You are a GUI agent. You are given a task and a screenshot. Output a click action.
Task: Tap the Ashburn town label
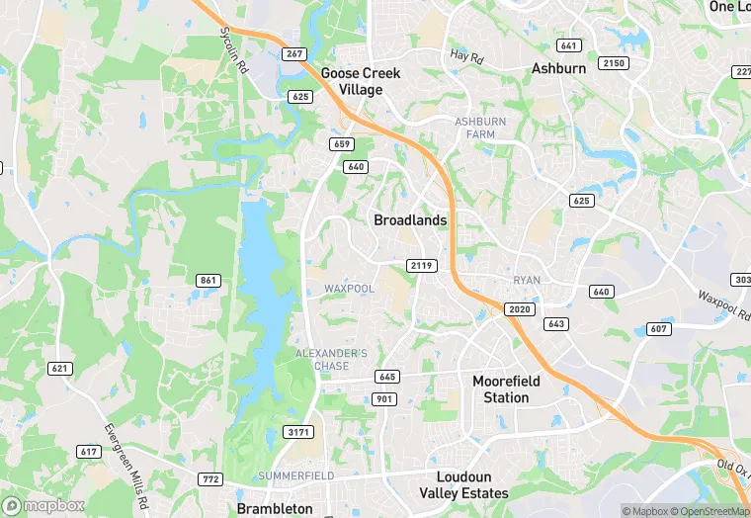(x=558, y=68)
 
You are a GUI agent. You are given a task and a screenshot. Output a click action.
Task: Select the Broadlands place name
(x=410, y=220)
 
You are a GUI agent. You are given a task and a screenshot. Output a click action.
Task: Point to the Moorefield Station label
(x=514, y=389)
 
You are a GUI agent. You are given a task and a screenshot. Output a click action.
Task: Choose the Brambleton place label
(x=275, y=508)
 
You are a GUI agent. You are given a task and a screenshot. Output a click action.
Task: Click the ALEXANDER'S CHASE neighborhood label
(x=331, y=360)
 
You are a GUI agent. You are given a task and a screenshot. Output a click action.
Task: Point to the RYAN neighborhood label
(x=527, y=281)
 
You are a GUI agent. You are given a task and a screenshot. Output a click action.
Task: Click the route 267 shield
(x=292, y=53)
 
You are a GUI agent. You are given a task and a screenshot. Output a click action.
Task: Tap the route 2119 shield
(x=421, y=266)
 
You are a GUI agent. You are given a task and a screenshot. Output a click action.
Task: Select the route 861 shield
(x=208, y=281)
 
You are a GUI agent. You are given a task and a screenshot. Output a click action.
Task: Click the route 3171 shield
(x=297, y=432)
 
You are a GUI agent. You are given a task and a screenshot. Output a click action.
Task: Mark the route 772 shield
(x=209, y=479)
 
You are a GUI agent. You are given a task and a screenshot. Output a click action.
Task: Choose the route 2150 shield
(x=615, y=63)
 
